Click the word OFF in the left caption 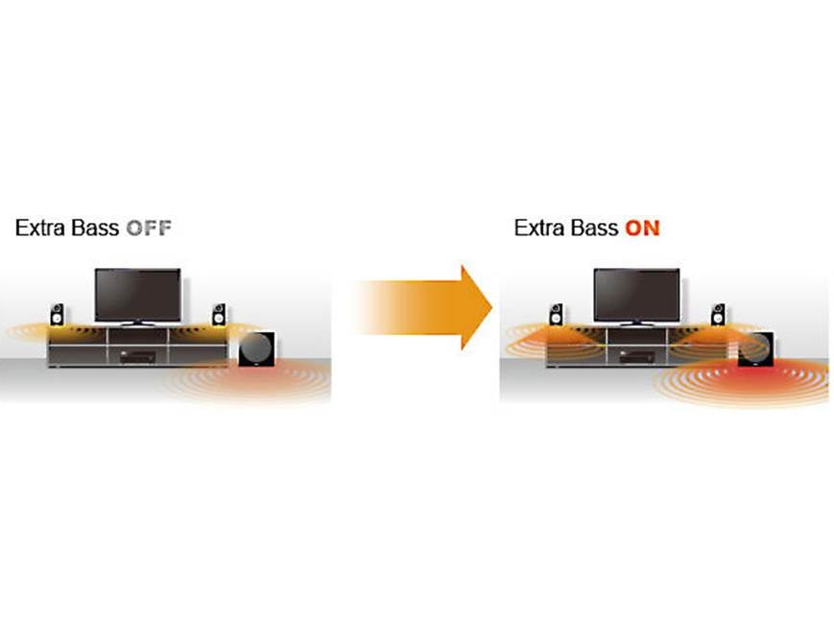[149, 229]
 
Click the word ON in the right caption [642, 229]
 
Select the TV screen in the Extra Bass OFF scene [137, 293]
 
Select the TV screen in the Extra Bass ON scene [636, 293]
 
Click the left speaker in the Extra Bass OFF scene [58, 314]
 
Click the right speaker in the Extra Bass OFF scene [220, 314]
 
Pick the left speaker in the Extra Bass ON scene [557, 314]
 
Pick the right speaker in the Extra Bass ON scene [718, 314]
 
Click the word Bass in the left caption [96, 229]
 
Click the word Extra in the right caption [536, 229]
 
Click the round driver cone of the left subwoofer [258, 347]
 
